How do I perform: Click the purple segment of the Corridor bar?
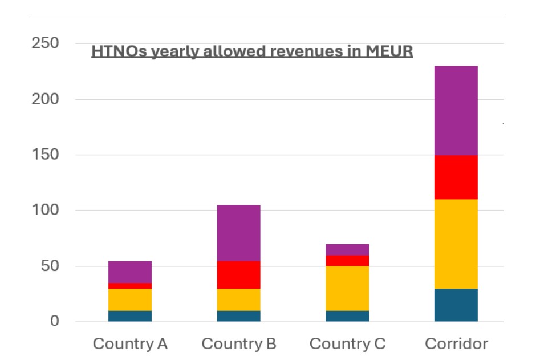click(x=456, y=110)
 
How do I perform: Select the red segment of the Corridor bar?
click(x=456, y=177)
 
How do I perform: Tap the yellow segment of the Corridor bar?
click(x=456, y=244)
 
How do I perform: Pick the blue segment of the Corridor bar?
click(x=456, y=305)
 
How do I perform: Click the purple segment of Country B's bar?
click(x=239, y=233)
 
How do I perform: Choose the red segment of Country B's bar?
click(x=239, y=274)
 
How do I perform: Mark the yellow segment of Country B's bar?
click(x=239, y=300)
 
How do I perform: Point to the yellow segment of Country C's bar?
click(x=347, y=288)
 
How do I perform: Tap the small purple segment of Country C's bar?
click(x=347, y=249)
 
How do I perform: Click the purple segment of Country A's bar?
click(x=130, y=272)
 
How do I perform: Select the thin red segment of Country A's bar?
click(x=130, y=286)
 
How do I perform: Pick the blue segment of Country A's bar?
click(x=130, y=316)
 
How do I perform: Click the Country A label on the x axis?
click(x=130, y=344)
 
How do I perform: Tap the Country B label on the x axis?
click(x=239, y=344)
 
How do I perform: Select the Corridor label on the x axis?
click(x=456, y=344)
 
